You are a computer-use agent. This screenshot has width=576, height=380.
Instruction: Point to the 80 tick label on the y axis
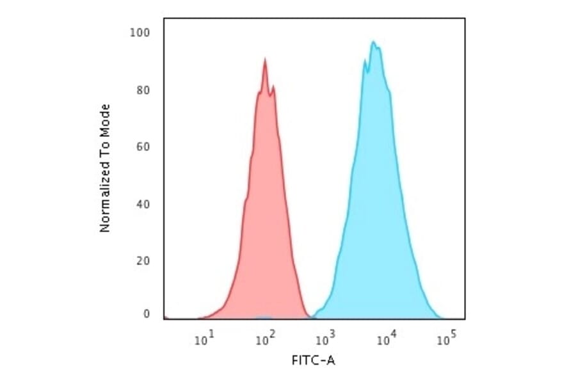[143, 90]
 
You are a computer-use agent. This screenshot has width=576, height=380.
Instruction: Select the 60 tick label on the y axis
[143, 147]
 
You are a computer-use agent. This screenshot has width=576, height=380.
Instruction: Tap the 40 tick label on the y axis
[143, 204]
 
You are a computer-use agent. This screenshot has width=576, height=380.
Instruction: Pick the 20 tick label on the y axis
[143, 261]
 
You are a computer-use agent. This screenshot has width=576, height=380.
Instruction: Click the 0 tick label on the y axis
[147, 314]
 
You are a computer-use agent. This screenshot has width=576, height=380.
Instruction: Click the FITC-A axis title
[313, 361]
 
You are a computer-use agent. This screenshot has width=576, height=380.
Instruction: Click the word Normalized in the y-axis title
[105, 203]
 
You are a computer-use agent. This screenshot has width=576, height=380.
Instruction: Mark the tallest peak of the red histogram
[264, 59]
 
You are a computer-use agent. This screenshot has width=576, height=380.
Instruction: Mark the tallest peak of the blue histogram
[373, 42]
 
